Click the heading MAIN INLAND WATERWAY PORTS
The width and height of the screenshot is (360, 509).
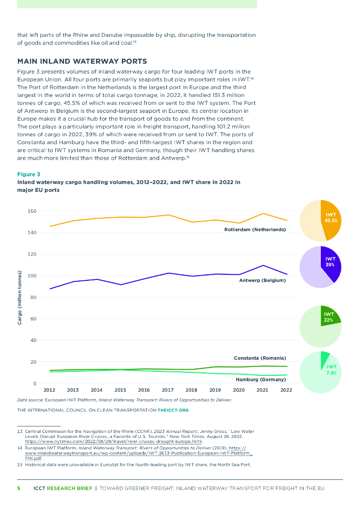(82, 62)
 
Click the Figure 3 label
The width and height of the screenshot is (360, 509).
(29, 174)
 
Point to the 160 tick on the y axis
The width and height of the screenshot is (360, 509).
(32, 211)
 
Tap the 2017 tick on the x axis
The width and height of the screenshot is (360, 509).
(168, 390)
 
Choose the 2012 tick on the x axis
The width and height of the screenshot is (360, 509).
(49, 390)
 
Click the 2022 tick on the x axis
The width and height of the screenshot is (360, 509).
(286, 390)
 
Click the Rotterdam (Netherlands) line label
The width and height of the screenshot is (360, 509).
(255, 230)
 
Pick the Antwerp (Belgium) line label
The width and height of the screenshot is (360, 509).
(263, 280)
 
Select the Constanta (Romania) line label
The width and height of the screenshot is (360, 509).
(260, 358)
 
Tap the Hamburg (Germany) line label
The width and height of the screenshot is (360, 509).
(261, 379)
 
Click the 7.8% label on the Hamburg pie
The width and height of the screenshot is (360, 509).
(331, 372)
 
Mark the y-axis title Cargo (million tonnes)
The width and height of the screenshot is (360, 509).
(20, 297)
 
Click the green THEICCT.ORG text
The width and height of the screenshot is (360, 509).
(173, 410)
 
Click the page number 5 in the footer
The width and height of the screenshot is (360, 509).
(19, 488)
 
